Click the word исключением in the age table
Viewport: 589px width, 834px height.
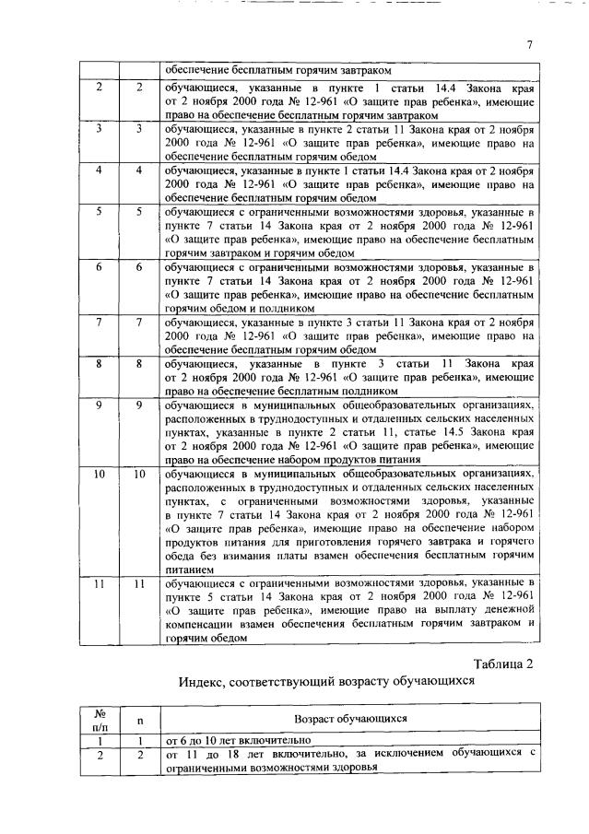click(416, 754)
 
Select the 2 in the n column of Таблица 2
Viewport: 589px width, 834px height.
click(139, 754)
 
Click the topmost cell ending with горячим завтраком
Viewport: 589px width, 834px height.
click(350, 70)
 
